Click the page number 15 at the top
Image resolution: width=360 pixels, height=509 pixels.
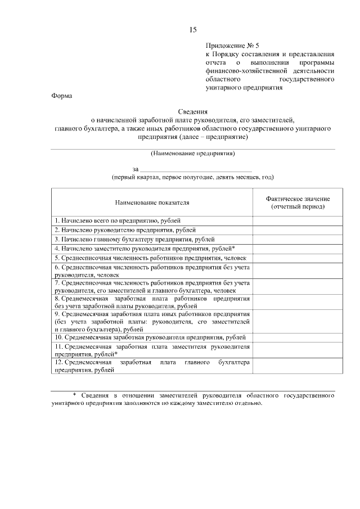click(x=193, y=29)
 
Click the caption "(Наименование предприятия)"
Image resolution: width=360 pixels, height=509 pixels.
click(x=192, y=154)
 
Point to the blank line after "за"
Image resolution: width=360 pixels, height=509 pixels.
click(x=195, y=169)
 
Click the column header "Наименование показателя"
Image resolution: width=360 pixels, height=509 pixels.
click(x=152, y=202)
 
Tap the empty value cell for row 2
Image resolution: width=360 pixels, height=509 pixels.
click(x=298, y=230)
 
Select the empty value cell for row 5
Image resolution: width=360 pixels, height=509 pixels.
click(x=298, y=257)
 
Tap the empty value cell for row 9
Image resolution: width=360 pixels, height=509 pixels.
click(x=298, y=321)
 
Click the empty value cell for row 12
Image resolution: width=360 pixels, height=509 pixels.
click(x=298, y=366)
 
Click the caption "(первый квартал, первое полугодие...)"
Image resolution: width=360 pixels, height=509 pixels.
click(x=192, y=177)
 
